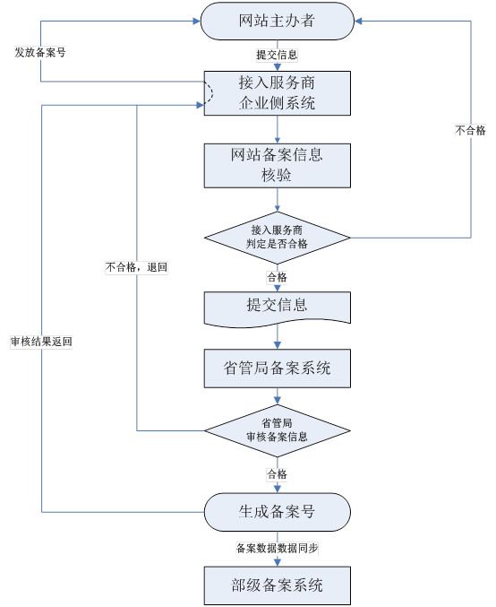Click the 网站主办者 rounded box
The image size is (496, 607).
(278, 21)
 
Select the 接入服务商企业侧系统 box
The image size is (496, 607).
(278, 93)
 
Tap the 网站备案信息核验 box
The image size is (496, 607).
(278, 166)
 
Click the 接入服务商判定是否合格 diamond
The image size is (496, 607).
(278, 238)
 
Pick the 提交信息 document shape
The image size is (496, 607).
(278, 309)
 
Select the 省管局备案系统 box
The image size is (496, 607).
(278, 369)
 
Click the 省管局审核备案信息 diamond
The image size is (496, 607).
(278, 431)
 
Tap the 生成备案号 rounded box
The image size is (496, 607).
(278, 512)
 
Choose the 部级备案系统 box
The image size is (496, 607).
(278, 585)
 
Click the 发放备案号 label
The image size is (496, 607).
(40, 52)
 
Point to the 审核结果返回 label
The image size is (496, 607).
(41, 342)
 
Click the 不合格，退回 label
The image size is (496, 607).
(136, 267)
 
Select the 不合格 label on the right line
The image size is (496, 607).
(471, 131)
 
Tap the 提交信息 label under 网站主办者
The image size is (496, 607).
(278, 55)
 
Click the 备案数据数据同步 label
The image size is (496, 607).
(278, 548)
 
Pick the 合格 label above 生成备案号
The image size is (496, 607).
(278, 474)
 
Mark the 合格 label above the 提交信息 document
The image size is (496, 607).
(278, 277)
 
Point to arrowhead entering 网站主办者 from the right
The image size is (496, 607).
(358, 21)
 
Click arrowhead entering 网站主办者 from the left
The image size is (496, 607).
(197, 21)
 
